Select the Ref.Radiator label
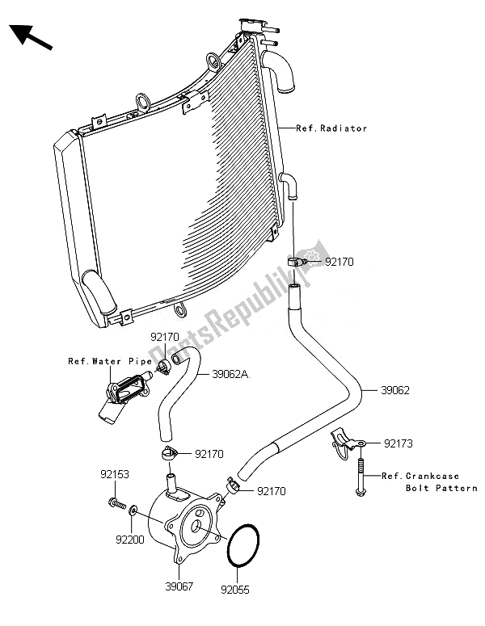tap(331, 128)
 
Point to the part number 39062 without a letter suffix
tap(398, 389)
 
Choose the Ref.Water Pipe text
tap(103, 361)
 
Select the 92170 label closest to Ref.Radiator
tap(339, 263)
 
